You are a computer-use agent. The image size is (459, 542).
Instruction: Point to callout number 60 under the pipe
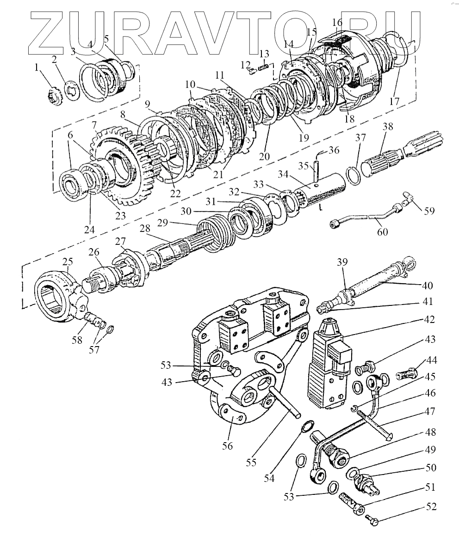tap(382, 231)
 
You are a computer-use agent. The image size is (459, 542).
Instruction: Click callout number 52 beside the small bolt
tap(431, 506)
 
